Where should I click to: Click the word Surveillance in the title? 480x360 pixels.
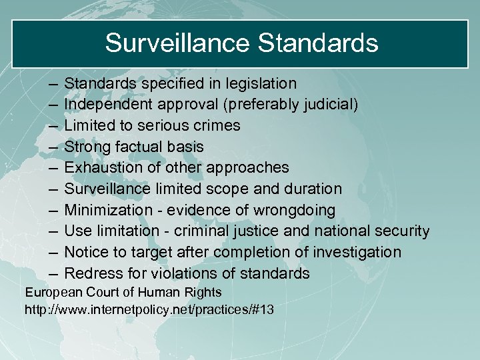(x=177, y=43)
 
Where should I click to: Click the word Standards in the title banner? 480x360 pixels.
(x=317, y=43)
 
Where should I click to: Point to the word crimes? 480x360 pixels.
(x=217, y=125)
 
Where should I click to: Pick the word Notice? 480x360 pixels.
(x=85, y=252)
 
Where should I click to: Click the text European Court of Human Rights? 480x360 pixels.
(x=123, y=292)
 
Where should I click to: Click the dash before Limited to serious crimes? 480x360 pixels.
(x=53, y=126)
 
